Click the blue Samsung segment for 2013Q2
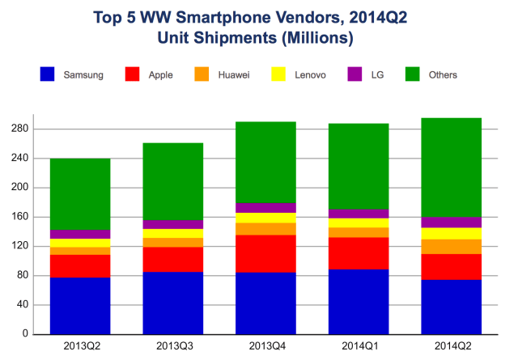pos(80,306)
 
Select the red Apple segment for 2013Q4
pos(265,254)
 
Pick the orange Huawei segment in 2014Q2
pos(451,247)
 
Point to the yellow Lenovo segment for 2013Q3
pos(172,234)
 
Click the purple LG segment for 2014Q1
pos(358,214)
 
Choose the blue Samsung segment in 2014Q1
pos(358,302)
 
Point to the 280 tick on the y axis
pos(19,129)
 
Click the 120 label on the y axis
pos(19,246)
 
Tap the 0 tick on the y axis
pos(25,334)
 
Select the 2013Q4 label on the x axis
pos(265,346)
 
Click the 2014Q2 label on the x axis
pos(451,346)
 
